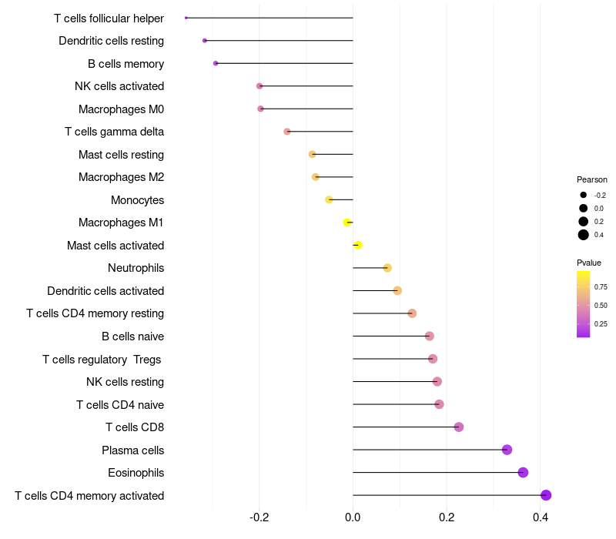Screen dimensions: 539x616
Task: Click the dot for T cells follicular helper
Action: (186, 18)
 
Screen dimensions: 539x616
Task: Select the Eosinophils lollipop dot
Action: (523, 473)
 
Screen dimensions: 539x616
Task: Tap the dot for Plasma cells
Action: (507, 450)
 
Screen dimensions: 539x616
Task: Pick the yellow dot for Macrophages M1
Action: (347, 223)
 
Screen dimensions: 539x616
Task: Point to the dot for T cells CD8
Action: (459, 427)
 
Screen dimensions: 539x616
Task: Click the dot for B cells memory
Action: (216, 63)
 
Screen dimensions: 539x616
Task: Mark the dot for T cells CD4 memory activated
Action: (546, 495)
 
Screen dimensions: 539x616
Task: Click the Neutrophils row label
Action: (136, 268)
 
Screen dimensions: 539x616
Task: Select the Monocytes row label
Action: (137, 200)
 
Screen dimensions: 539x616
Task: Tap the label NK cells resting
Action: (125, 382)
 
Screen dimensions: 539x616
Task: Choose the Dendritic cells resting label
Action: (111, 40)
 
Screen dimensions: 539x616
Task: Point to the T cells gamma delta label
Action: (114, 132)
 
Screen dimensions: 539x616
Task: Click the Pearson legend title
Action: (592, 179)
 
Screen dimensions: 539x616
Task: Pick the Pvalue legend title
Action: (589, 263)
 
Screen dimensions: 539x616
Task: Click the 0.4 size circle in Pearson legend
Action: (584, 235)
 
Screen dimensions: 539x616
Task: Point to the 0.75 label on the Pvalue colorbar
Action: (601, 287)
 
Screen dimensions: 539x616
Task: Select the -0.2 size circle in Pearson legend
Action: (584, 195)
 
